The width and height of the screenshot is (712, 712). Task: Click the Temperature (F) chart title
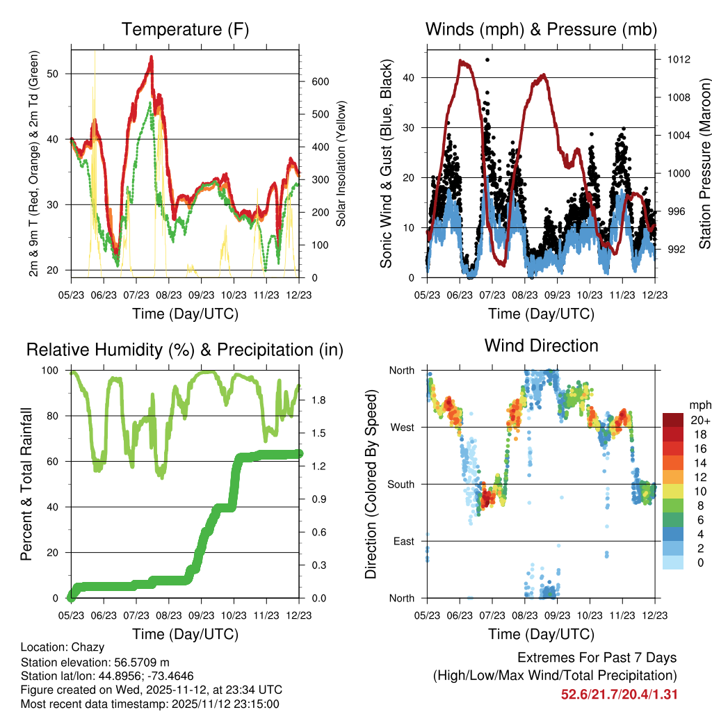coord(185,29)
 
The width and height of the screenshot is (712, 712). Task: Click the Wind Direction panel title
coord(541,345)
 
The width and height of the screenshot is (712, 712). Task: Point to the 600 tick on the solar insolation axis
coord(320,81)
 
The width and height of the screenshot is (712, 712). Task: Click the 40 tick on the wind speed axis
coord(413,78)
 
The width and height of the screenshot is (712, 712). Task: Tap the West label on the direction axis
coord(401,427)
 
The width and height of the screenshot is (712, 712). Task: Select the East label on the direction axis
coord(403,541)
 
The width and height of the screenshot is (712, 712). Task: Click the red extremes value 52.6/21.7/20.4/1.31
coord(620,694)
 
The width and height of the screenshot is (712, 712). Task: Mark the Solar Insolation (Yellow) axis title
coord(341,163)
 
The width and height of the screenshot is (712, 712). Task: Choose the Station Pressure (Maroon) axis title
coord(704,163)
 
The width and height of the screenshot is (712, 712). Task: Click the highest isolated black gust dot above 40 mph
coord(487,60)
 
